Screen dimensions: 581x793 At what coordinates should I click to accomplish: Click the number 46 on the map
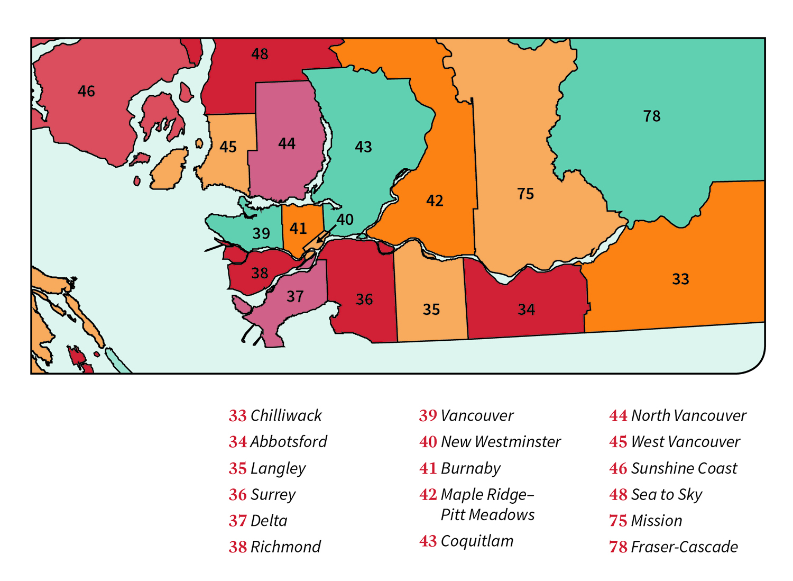click(x=86, y=92)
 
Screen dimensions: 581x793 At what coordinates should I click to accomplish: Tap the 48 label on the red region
click(x=260, y=54)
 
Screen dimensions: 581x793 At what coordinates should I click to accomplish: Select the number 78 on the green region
click(x=652, y=116)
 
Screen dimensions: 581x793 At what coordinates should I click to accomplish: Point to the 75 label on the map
click(x=525, y=194)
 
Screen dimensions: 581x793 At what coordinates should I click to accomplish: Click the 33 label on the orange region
click(x=680, y=279)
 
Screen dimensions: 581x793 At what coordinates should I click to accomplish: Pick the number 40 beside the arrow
click(x=345, y=220)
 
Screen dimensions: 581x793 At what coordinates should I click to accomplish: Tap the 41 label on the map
click(x=298, y=229)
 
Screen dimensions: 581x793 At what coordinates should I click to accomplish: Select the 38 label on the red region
click(x=260, y=273)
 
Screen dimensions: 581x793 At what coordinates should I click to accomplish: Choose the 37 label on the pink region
click(x=295, y=296)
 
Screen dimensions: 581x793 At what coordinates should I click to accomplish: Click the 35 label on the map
click(x=431, y=310)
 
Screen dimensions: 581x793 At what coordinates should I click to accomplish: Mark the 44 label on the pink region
click(x=287, y=144)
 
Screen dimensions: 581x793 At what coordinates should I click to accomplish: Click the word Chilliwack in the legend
click(x=286, y=416)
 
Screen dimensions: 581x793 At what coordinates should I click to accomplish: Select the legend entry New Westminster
click(x=501, y=442)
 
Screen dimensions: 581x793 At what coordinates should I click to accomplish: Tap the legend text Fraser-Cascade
click(x=684, y=547)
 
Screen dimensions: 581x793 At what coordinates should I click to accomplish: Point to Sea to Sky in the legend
click(x=667, y=495)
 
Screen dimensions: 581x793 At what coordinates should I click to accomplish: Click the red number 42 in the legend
click(x=428, y=495)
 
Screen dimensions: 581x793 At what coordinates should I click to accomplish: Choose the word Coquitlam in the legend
click(x=477, y=541)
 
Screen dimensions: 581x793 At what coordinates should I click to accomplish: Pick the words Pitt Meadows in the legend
click(x=487, y=515)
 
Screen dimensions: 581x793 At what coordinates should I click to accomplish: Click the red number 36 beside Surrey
click(x=237, y=495)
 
